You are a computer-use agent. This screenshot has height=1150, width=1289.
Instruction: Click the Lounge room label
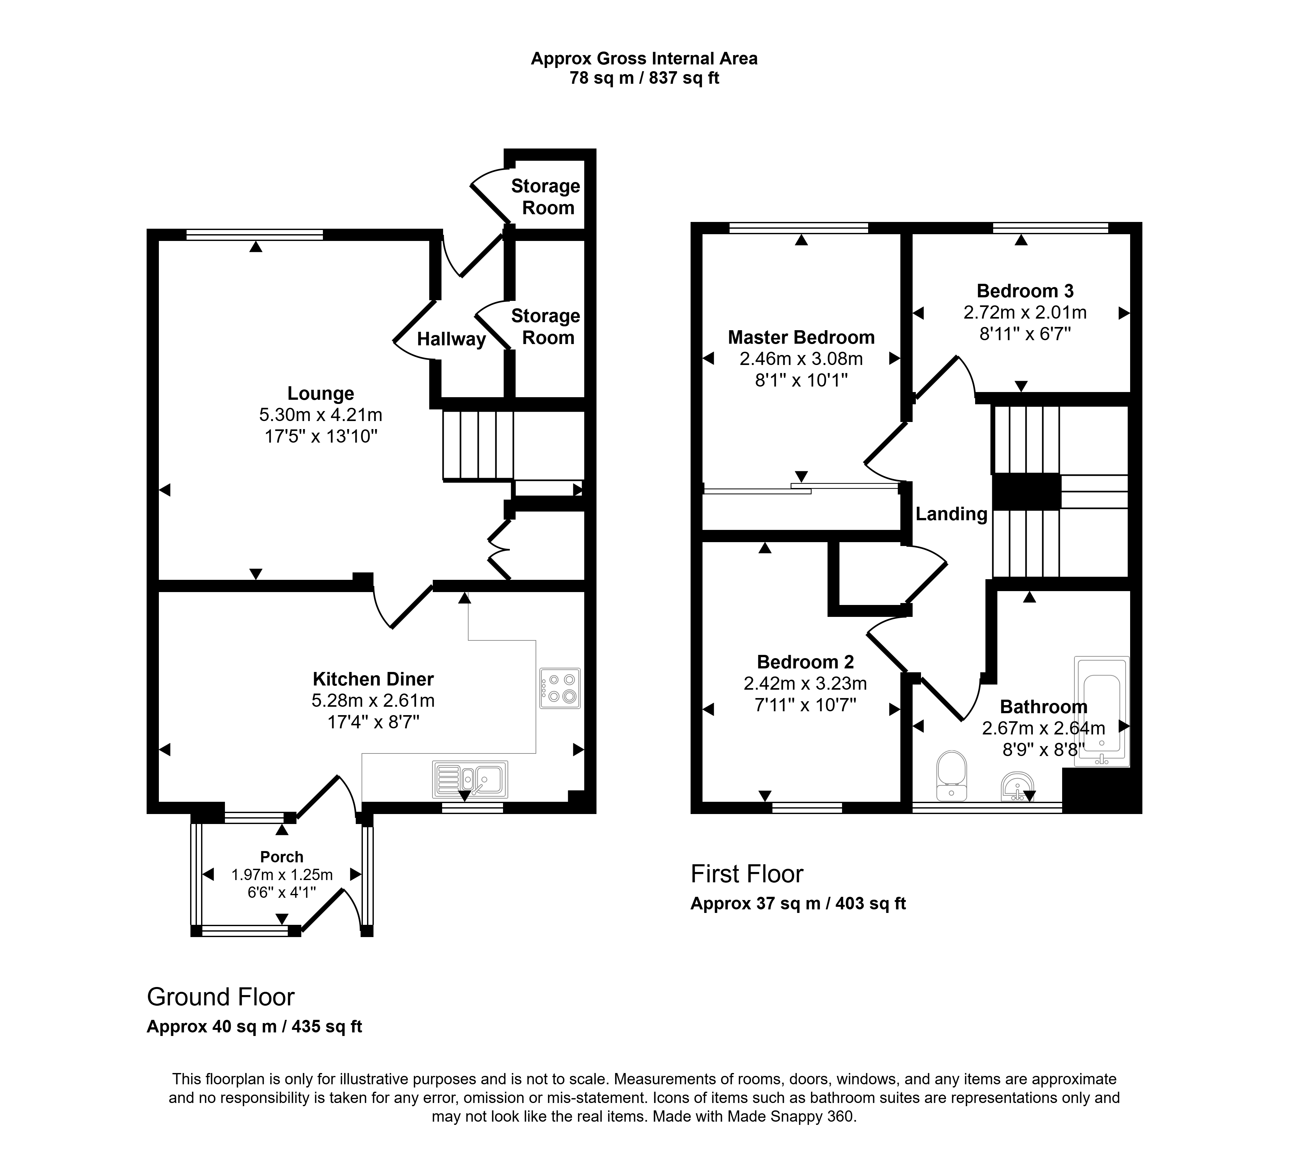(x=321, y=394)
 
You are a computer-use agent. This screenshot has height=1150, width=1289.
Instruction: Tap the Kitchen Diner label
(x=373, y=679)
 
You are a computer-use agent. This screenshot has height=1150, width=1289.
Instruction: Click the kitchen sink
(x=470, y=779)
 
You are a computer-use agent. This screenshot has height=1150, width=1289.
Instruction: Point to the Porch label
(x=282, y=857)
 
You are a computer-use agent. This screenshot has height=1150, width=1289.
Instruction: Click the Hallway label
(x=451, y=339)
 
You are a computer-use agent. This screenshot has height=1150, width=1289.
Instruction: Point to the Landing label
(x=951, y=514)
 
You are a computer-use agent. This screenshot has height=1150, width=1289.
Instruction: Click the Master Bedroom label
(x=801, y=337)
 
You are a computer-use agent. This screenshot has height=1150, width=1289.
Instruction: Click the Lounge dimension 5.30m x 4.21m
(x=321, y=415)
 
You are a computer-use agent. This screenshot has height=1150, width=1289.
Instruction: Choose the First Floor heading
(x=747, y=874)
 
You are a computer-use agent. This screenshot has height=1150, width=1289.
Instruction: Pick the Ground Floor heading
(x=221, y=997)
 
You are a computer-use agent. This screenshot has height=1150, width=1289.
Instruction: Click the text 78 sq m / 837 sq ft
(x=644, y=78)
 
